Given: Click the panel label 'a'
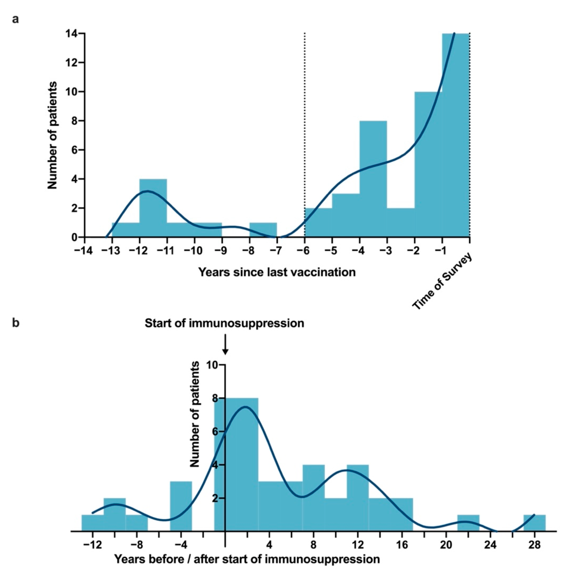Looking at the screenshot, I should pos(15,19).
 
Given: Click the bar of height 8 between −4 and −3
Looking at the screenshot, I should pos(373,179).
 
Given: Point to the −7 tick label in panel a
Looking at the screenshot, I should pos(277,251).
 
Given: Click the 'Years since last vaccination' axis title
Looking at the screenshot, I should pos(277,272).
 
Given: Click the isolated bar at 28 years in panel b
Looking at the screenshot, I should pos(534,523).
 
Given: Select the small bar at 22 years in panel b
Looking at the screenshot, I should pos(468,523).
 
